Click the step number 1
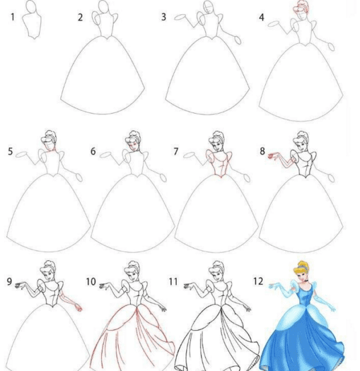coord(13,17)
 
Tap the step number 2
coord(81,18)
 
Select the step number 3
coord(163,17)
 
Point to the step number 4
coord(262,17)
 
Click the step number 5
coord(10,151)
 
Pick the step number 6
coord(93,151)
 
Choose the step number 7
coord(175,151)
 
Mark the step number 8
coord(262,151)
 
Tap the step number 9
coord(9,281)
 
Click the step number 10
coord(91,281)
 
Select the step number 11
coord(173,281)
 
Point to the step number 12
coord(258,281)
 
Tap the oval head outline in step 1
coord(32,6)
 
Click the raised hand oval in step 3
coord(180,17)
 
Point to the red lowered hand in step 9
coord(79,307)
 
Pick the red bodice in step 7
coord(219,163)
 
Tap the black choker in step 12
coord(306,281)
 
